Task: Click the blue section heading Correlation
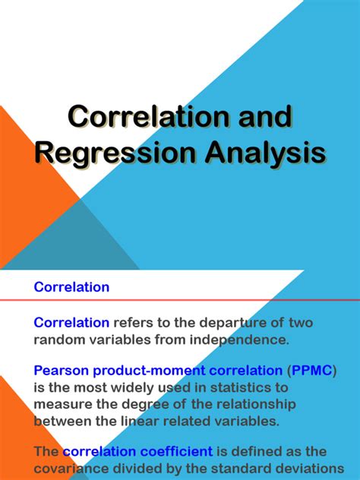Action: click(x=72, y=287)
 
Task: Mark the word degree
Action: click(x=141, y=404)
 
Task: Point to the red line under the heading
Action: click(x=180, y=300)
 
